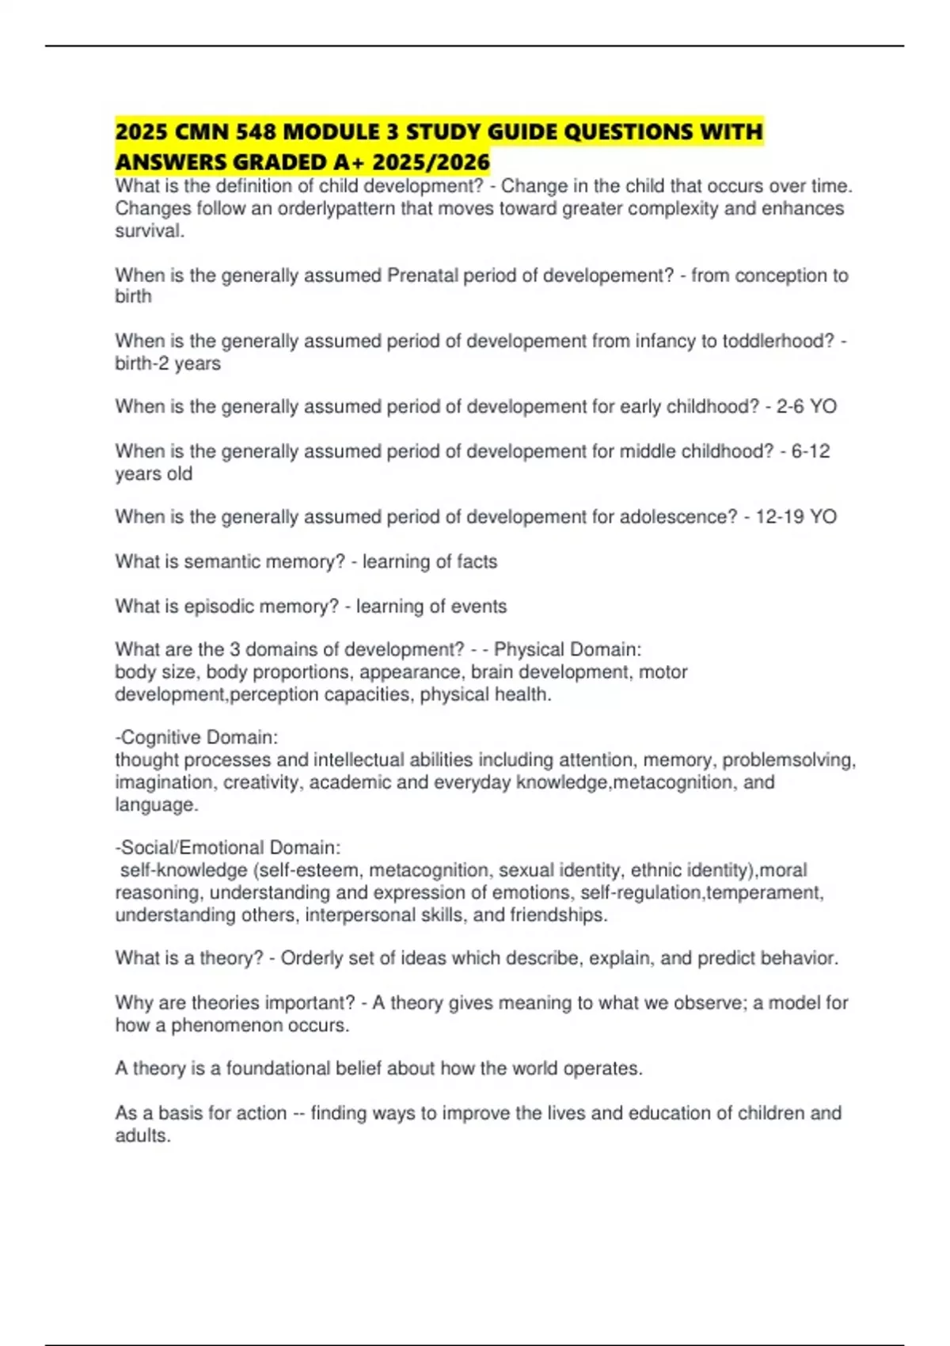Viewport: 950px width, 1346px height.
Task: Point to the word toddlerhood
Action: click(776, 341)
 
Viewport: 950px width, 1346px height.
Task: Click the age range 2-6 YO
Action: click(806, 407)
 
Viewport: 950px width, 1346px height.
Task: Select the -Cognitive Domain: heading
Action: click(196, 738)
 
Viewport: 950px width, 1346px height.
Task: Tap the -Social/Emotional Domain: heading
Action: click(228, 848)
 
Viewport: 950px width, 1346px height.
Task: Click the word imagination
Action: click(164, 783)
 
